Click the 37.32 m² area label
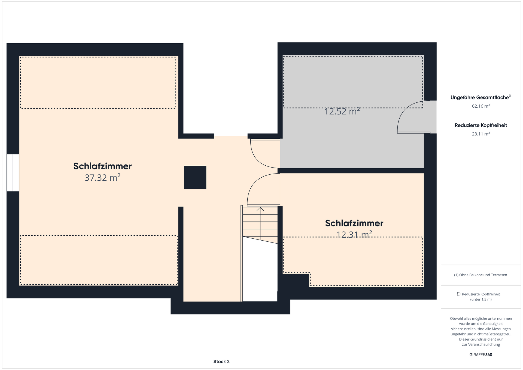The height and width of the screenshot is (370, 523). (x=102, y=178)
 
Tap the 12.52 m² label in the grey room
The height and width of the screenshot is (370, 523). (x=342, y=111)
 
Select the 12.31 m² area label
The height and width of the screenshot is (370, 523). (x=354, y=234)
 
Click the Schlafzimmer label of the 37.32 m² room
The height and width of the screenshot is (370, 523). (x=102, y=166)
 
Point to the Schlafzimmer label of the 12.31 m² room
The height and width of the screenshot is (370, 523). (x=354, y=223)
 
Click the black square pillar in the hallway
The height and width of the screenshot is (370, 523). (x=195, y=177)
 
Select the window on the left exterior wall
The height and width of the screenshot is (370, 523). (x=13, y=173)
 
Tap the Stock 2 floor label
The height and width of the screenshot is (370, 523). (x=221, y=362)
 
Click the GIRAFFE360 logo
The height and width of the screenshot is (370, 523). (x=481, y=355)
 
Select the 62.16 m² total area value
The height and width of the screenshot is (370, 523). (x=481, y=106)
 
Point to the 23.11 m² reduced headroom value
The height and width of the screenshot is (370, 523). (x=481, y=134)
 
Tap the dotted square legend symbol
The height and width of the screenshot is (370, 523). (x=459, y=294)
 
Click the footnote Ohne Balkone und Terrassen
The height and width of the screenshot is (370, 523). (x=483, y=275)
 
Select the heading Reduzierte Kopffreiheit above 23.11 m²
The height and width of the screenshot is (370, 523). (x=481, y=125)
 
